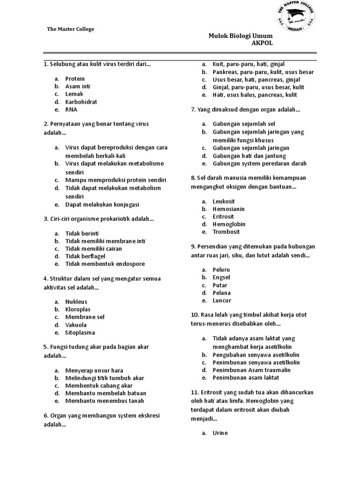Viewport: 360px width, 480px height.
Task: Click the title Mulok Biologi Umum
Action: [240, 36]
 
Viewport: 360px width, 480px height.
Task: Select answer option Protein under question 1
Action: [75, 79]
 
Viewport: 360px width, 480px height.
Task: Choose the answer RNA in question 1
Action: [71, 110]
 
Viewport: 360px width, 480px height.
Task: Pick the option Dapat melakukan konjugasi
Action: [102, 204]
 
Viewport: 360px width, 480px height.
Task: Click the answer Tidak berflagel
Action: [85, 256]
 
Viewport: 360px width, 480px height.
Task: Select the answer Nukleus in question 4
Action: [76, 302]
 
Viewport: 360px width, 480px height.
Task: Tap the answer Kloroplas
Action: [78, 309]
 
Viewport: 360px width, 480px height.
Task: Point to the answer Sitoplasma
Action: [80, 333]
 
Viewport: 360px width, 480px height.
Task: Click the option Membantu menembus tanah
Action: [105, 401]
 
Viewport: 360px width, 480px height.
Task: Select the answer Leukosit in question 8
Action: [224, 201]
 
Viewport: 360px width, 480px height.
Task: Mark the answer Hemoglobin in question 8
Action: [229, 224]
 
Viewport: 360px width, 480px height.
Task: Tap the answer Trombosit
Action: [226, 232]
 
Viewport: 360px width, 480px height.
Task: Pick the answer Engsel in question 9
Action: [221, 277]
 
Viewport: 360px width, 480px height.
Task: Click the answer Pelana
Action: [222, 293]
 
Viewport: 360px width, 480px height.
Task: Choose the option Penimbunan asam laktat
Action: [246, 377]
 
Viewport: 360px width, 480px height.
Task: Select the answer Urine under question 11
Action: [220, 433]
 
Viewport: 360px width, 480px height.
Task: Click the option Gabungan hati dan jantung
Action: [249, 156]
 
